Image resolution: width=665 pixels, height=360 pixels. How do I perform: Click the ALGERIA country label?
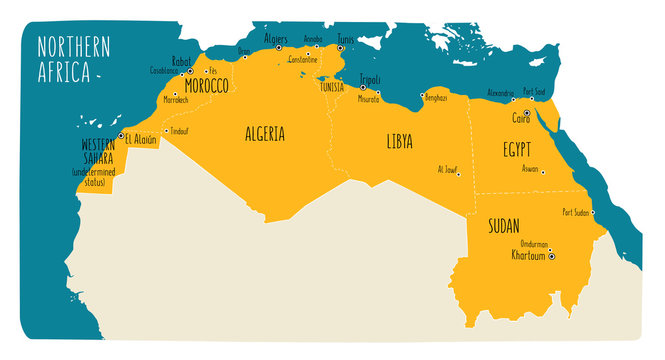pos(265,134)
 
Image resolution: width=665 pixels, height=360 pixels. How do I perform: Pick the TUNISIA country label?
pos(331,87)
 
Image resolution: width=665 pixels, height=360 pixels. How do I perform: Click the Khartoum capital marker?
pos(551,256)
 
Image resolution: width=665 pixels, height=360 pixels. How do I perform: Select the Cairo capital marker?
pos(527,113)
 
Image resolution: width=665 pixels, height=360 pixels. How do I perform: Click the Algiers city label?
pos(275,39)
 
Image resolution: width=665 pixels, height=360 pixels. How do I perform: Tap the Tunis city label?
pos(346,39)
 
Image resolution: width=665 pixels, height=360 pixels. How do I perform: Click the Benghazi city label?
pos(435,98)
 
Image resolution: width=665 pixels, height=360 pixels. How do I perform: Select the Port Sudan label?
pos(579,212)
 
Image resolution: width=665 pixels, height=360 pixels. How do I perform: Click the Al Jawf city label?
pos(448,169)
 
